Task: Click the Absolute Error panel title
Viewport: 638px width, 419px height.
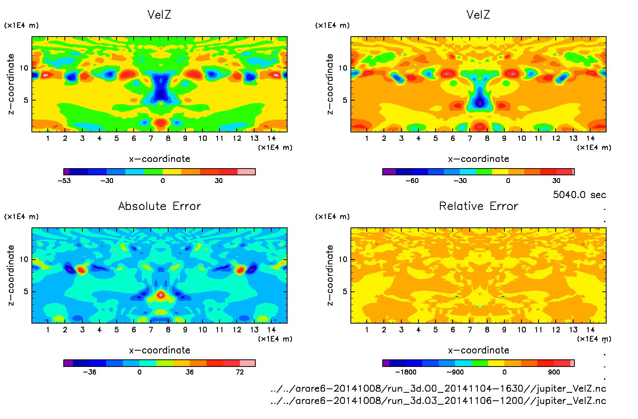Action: (159, 206)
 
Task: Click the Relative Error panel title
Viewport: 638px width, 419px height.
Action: (478, 206)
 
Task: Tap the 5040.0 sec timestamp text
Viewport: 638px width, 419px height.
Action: (579, 195)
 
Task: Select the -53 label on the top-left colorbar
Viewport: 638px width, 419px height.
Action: (64, 180)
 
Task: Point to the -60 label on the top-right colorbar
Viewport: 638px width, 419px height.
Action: (412, 180)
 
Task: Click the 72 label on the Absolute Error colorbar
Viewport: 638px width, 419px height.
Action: (239, 372)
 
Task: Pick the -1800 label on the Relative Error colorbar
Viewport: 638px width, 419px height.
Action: (405, 372)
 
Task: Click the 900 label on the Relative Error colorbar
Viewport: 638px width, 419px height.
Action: (554, 372)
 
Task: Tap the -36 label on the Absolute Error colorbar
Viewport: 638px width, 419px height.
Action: (89, 372)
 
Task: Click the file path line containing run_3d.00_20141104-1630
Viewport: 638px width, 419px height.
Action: (438, 388)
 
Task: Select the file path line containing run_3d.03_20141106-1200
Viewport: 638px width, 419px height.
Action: (438, 401)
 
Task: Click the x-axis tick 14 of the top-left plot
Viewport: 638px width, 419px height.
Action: (271, 138)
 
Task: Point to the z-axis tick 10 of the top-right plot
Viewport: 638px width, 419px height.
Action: (343, 68)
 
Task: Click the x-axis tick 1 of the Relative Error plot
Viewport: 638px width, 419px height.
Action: (367, 330)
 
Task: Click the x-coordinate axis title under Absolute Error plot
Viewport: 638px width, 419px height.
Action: (159, 350)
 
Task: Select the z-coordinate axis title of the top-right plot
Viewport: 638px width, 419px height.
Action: (330, 84)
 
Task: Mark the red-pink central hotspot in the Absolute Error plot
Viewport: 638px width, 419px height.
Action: (161, 295)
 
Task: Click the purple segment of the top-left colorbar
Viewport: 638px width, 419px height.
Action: (66, 172)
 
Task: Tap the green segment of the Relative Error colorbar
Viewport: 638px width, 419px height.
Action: (480, 363)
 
